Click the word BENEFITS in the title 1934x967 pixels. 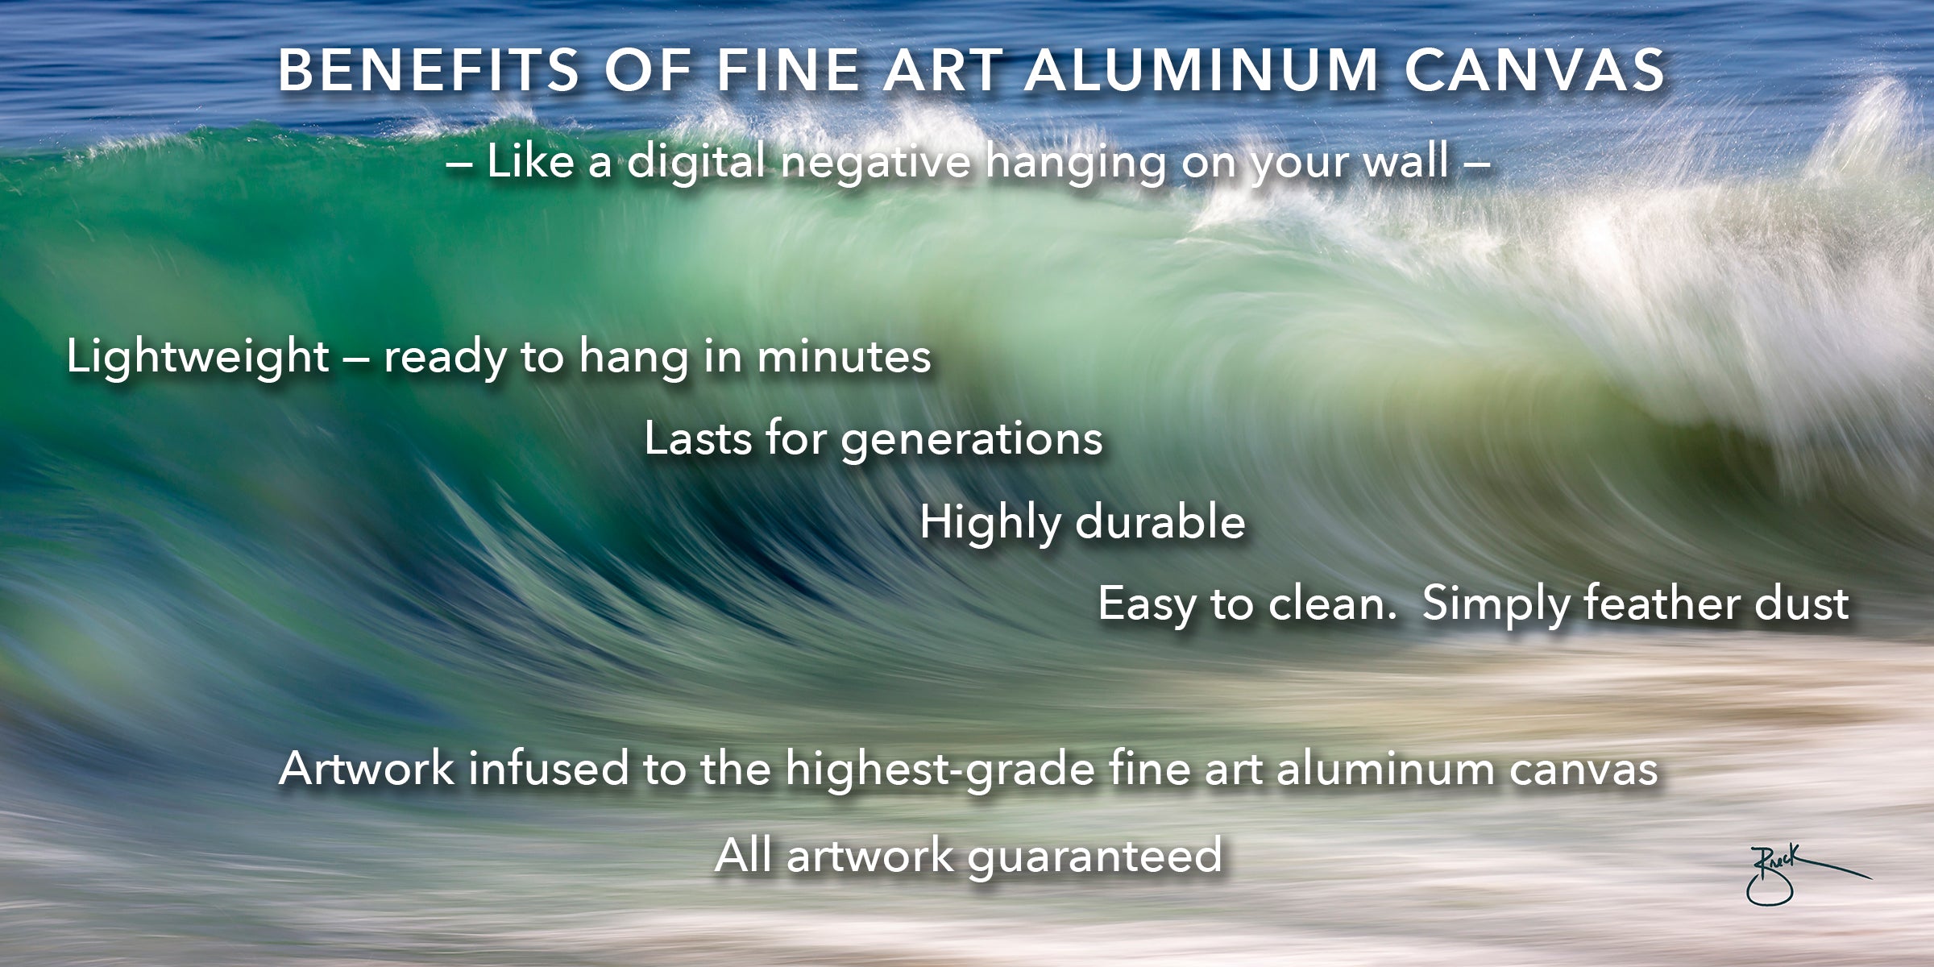tap(429, 70)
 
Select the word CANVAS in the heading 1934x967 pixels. tap(1535, 70)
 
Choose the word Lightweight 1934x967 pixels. tap(198, 357)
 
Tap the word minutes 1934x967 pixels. tap(844, 357)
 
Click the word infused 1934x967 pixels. tap(548, 768)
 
